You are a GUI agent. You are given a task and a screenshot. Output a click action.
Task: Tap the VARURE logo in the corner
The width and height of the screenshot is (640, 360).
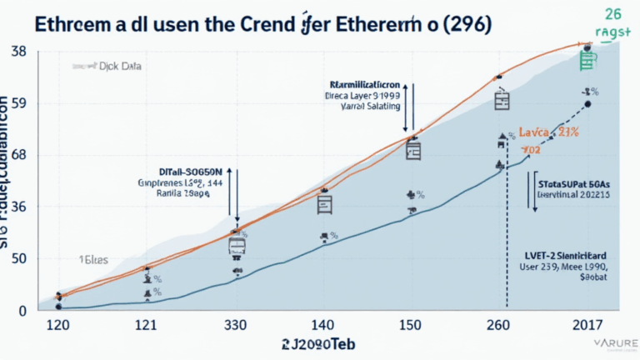coord(613,343)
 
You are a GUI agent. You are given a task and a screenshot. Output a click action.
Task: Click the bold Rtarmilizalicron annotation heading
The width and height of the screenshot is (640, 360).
coord(365,85)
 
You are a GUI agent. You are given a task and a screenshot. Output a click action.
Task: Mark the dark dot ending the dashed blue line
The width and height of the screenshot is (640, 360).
coord(587,104)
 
